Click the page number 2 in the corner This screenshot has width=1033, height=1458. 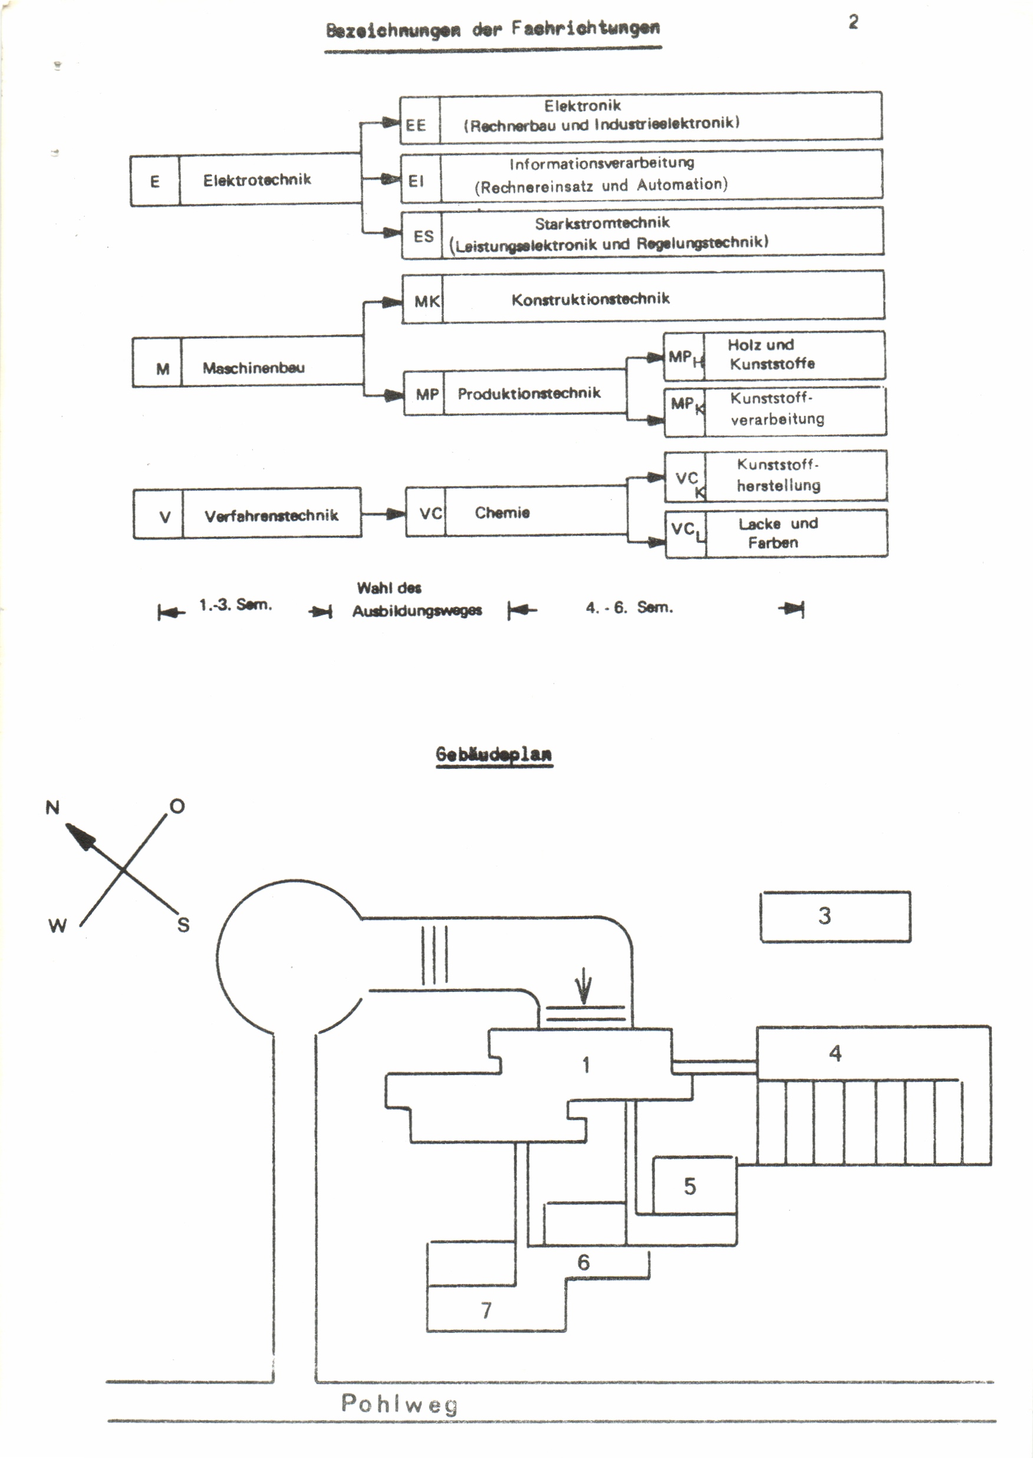point(853,22)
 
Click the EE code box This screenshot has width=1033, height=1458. point(416,124)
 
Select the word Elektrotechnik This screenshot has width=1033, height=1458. point(257,180)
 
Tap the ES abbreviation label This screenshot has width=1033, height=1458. point(423,236)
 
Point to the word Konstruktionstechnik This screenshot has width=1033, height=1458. point(590,299)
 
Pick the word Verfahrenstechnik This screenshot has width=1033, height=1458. point(271,516)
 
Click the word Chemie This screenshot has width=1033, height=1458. point(502,513)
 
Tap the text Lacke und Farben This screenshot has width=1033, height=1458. point(777,533)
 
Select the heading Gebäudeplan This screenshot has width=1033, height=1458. point(494,754)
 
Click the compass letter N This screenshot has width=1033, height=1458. point(52,808)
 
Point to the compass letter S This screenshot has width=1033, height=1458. point(183,925)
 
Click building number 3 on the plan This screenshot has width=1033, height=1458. point(824,916)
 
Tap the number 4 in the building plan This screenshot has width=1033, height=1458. point(835,1053)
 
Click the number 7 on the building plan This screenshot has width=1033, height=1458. point(486,1310)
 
